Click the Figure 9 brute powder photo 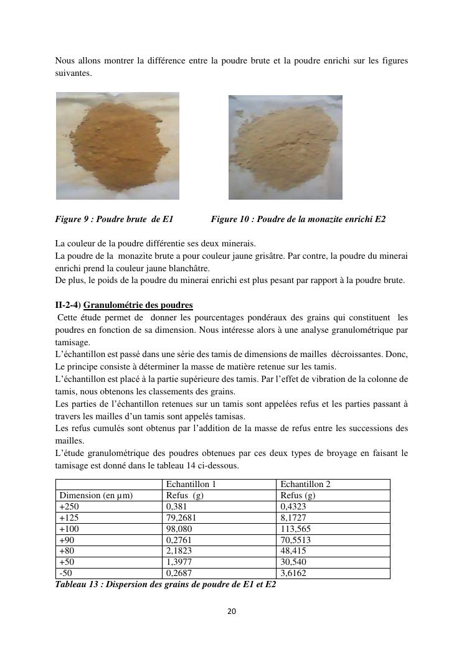point(118,146)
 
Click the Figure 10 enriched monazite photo point(285,147)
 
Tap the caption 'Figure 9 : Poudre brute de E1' point(114,219)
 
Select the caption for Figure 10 point(298,219)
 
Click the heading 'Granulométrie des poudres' point(138,305)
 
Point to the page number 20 point(232,611)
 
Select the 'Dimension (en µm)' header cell point(96,495)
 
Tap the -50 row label point(67,574)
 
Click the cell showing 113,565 point(296,529)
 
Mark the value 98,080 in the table point(179,529)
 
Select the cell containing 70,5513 point(296,540)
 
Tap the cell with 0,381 point(176,506)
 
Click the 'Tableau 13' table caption point(166,585)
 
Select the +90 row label point(66,540)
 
